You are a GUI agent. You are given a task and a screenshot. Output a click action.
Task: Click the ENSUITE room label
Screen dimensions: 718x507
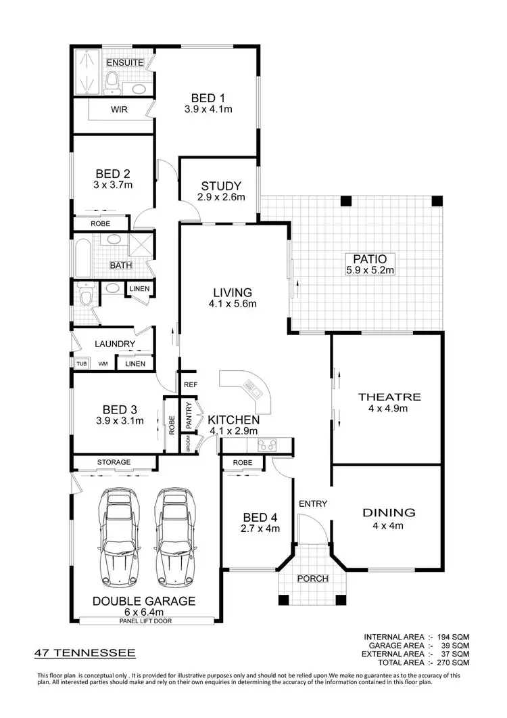click(125, 63)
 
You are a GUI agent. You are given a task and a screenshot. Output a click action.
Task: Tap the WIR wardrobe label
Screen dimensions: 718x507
click(119, 108)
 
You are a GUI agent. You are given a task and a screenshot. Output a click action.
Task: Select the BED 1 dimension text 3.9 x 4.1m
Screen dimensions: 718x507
click(208, 108)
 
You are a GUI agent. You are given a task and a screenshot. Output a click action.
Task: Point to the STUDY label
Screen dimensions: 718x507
click(217, 187)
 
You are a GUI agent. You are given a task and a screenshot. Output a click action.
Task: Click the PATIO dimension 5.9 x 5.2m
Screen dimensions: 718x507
click(369, 269)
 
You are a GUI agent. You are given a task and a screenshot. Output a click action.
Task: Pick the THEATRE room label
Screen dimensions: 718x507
click(389, 397)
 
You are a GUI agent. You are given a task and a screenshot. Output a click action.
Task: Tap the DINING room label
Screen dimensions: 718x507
click(388, 512)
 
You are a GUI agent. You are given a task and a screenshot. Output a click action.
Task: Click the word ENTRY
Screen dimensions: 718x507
click(313, 503)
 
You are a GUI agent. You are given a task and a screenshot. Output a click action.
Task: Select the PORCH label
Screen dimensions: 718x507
click(312, 579)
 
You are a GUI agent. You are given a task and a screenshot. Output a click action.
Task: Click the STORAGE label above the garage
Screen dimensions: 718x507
click(114, 462)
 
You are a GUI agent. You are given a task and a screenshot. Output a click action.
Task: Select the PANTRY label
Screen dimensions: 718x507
click(190, 417)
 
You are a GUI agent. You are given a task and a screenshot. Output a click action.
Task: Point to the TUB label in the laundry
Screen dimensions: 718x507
click(81, 364)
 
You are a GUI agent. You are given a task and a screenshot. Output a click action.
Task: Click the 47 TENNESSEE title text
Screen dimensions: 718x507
click(85, 653)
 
